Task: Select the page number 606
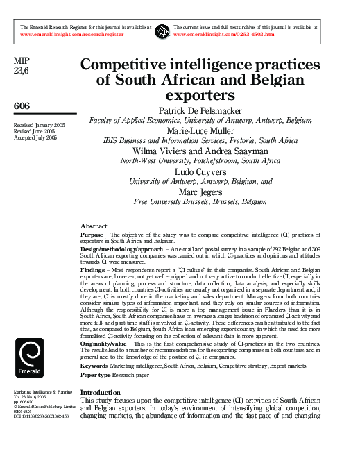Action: tap(22, 105)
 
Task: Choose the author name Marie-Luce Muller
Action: tap(201, 130)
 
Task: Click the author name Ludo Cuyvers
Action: tap(201, 171)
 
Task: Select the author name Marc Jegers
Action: tap(201, 191)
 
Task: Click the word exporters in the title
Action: tap(201, 95)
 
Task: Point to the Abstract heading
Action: tap(94, 226)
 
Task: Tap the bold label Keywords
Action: tap(94, 364)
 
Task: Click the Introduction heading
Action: tap(101, 392)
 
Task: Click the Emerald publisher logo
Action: tap(28, 358)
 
